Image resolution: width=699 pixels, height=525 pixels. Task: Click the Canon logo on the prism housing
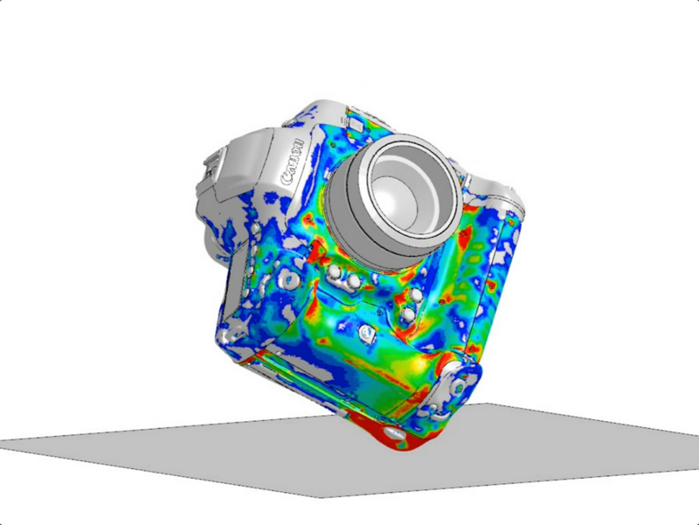coord(293,163)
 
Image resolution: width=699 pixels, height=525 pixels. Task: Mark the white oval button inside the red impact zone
coord(395,432)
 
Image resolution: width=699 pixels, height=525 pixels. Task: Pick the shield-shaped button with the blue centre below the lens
coord(367,333)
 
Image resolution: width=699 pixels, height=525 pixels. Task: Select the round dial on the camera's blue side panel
coord(289,280)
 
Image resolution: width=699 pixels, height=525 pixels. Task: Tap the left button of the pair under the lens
coord(335,272)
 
